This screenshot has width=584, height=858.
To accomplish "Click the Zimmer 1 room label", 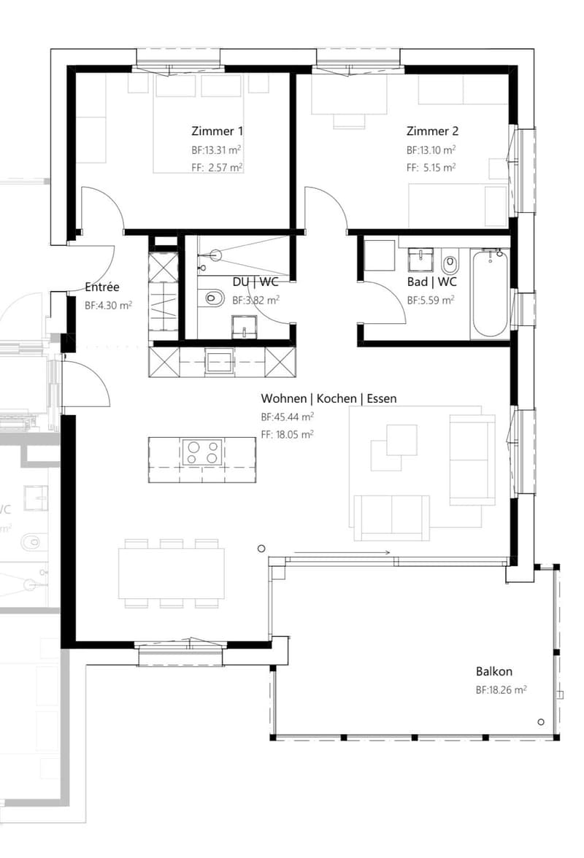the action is (x=217, y=131).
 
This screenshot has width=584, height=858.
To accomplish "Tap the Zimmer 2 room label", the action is (x=432, y=131).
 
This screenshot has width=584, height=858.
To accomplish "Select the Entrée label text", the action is (x=101, y=287).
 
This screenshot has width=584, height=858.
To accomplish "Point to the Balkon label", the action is (x=493, y=671).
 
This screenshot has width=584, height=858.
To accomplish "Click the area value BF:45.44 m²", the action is (x=288, y=417).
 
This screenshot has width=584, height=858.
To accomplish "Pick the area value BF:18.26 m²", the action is (x=501, y=690).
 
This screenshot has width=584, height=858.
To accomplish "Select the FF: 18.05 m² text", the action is (x=288, y=435).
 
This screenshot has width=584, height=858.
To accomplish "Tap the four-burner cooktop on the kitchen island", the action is (x=202, y=452).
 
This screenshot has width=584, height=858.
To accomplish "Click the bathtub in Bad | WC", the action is (x=490, y=294).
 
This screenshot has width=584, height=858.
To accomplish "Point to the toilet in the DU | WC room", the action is (x=214, y=298).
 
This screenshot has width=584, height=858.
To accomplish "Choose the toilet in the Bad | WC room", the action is (x=450, y=264).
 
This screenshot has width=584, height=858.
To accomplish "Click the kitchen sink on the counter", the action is (x=219, y=362).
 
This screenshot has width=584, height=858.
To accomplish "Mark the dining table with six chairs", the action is (x=172, y=573).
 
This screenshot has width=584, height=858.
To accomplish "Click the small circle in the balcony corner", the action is (x=541, y=722).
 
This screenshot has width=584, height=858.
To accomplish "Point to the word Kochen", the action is (x=337, y=398).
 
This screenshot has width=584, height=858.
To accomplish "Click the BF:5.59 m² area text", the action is (x=431, y=301).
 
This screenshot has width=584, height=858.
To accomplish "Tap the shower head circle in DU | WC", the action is (x=215, y=255).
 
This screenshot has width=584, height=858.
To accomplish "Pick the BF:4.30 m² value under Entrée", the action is (x=108, y=306).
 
